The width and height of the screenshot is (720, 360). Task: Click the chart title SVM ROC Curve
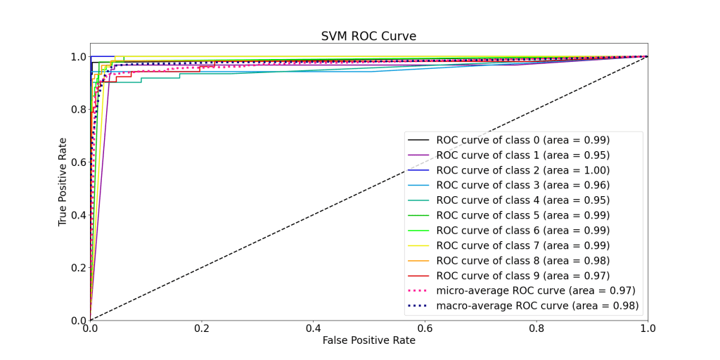(368, 37)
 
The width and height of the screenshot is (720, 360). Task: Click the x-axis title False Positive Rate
(368, 340)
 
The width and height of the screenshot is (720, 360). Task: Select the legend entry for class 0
(522, 140)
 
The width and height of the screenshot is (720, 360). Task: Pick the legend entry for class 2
(522, 170)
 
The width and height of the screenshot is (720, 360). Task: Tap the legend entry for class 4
(522, 200)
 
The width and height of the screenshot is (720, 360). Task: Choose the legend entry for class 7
(522, 245)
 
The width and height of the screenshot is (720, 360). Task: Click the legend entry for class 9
(522, 276)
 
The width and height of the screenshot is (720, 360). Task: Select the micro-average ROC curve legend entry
(535, 291)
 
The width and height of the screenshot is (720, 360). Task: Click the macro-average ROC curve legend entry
(537, 306)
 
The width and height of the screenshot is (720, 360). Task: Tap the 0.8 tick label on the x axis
(536, 328)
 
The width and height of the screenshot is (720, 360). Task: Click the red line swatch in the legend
(419, 276)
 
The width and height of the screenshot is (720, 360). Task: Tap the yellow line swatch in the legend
(419, 245)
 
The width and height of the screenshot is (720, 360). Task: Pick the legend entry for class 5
(522, 215)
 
